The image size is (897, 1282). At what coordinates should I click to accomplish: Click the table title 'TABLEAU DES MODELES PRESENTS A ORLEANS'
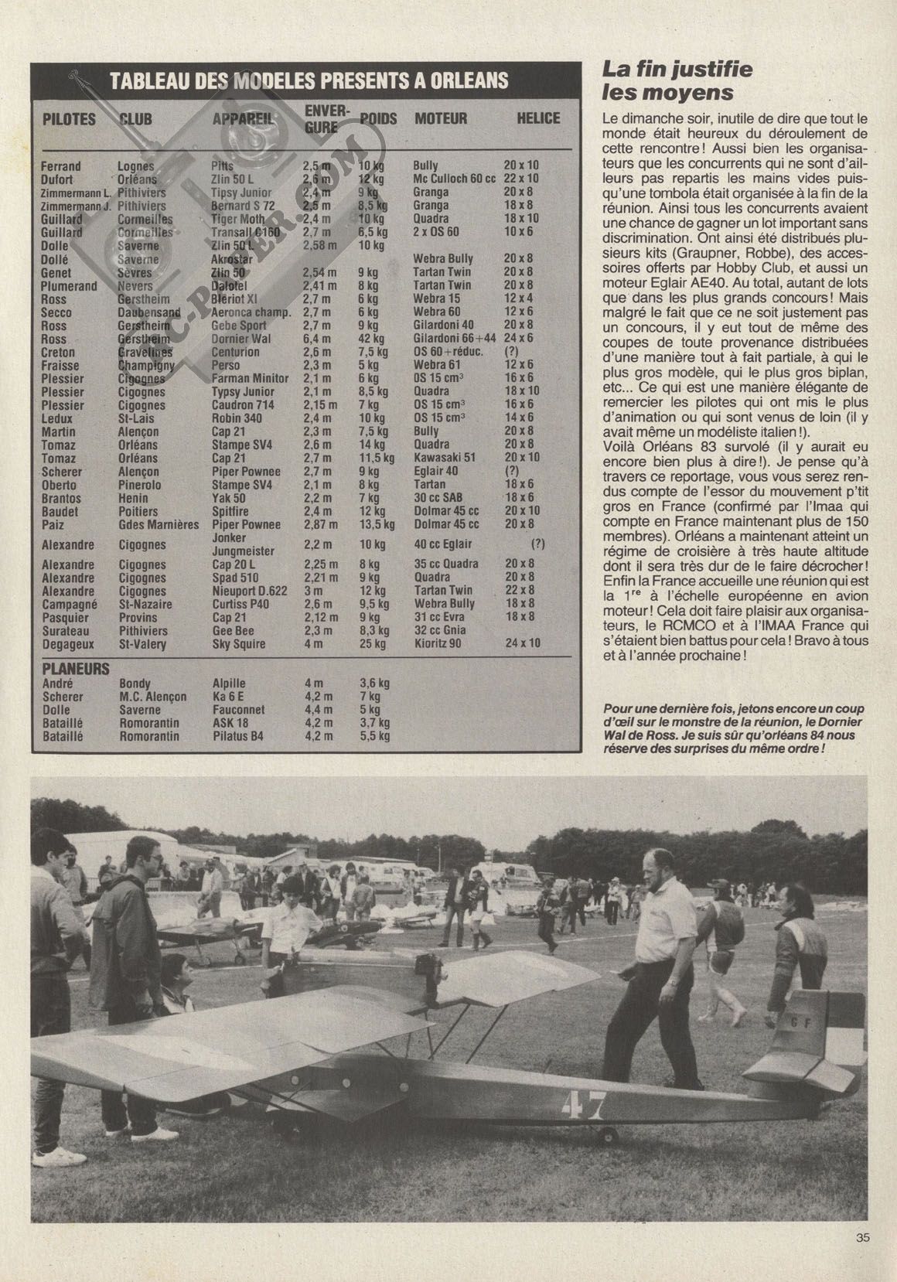click(309, 81)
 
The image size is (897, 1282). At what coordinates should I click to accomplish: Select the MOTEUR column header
click(441, 118)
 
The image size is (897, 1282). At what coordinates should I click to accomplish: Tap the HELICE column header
click(538, 118)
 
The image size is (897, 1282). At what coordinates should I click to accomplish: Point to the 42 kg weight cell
click(369, 339)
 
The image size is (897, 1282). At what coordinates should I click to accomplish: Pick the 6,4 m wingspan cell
click(319, 339)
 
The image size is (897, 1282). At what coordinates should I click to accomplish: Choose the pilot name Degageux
click(67, 643)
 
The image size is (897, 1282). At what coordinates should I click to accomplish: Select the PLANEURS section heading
click(76, 669)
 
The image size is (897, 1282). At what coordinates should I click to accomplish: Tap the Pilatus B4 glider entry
click(237, 736)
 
